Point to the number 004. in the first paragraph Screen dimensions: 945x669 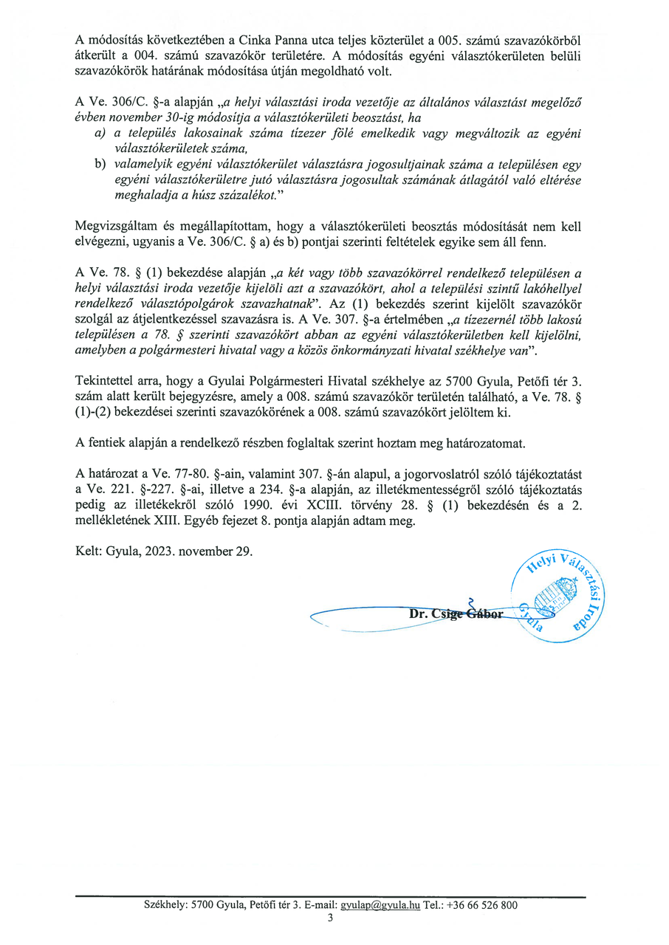point(137,56)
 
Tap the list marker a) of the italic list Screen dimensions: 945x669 point(99,133)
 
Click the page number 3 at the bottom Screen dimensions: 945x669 point(331,918)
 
